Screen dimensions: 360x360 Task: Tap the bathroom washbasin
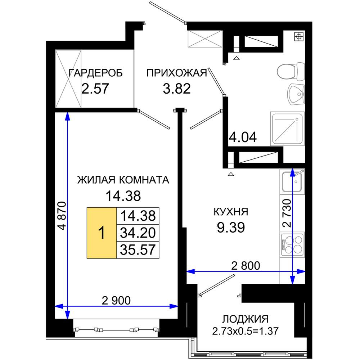point(296,94)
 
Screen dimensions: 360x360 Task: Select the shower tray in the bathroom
point(287,129)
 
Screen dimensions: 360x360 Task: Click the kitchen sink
point(292,181)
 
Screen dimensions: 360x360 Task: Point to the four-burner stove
point(292,245)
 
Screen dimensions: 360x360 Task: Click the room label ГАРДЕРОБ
point(95,73)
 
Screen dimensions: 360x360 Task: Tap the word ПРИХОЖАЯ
point(177,73)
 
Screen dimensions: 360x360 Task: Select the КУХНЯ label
point(231,212)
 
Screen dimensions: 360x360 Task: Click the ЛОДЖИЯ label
point(245,319)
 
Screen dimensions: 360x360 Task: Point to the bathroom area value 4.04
point(243,137)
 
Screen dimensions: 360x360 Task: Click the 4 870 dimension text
point(62,216)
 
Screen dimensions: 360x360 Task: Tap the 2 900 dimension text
point(116,300)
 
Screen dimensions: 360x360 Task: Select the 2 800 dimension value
point(246,266)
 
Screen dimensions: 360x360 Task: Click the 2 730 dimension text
point(287,213)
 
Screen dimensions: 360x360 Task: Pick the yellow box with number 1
point(102,233)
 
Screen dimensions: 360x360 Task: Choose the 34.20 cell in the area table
point(138,233)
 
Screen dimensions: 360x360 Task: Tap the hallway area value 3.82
point(177,89)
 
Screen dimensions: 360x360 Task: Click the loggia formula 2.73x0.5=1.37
point(245,331)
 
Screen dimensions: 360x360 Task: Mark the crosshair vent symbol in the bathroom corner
point(299,36)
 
